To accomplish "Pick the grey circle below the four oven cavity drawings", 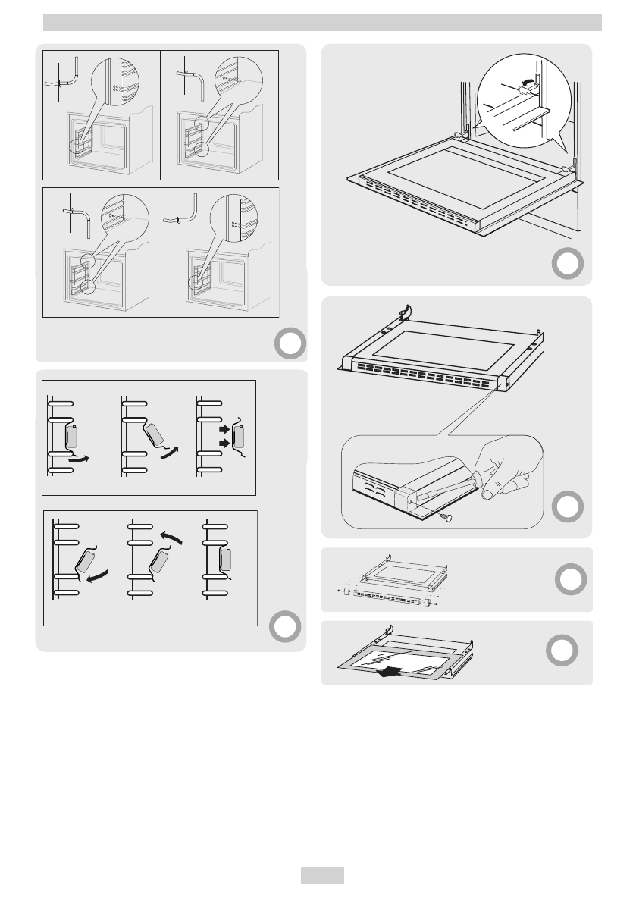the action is coord(289,345).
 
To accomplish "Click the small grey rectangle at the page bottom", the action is coord(322,875).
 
